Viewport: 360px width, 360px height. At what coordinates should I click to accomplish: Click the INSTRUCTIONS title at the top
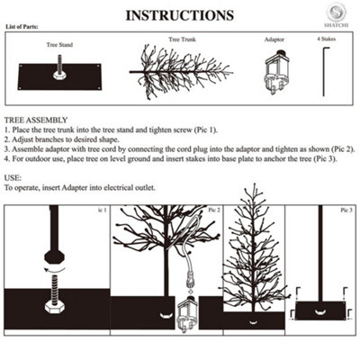click(179, 15)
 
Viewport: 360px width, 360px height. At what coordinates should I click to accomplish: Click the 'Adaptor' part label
click(274, 40)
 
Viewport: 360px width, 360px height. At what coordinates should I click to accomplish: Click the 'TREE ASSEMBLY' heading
click(35, 119)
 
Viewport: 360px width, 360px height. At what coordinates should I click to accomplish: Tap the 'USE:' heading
click(13, 178)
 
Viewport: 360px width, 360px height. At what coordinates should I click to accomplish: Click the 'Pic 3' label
click(346, 210)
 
